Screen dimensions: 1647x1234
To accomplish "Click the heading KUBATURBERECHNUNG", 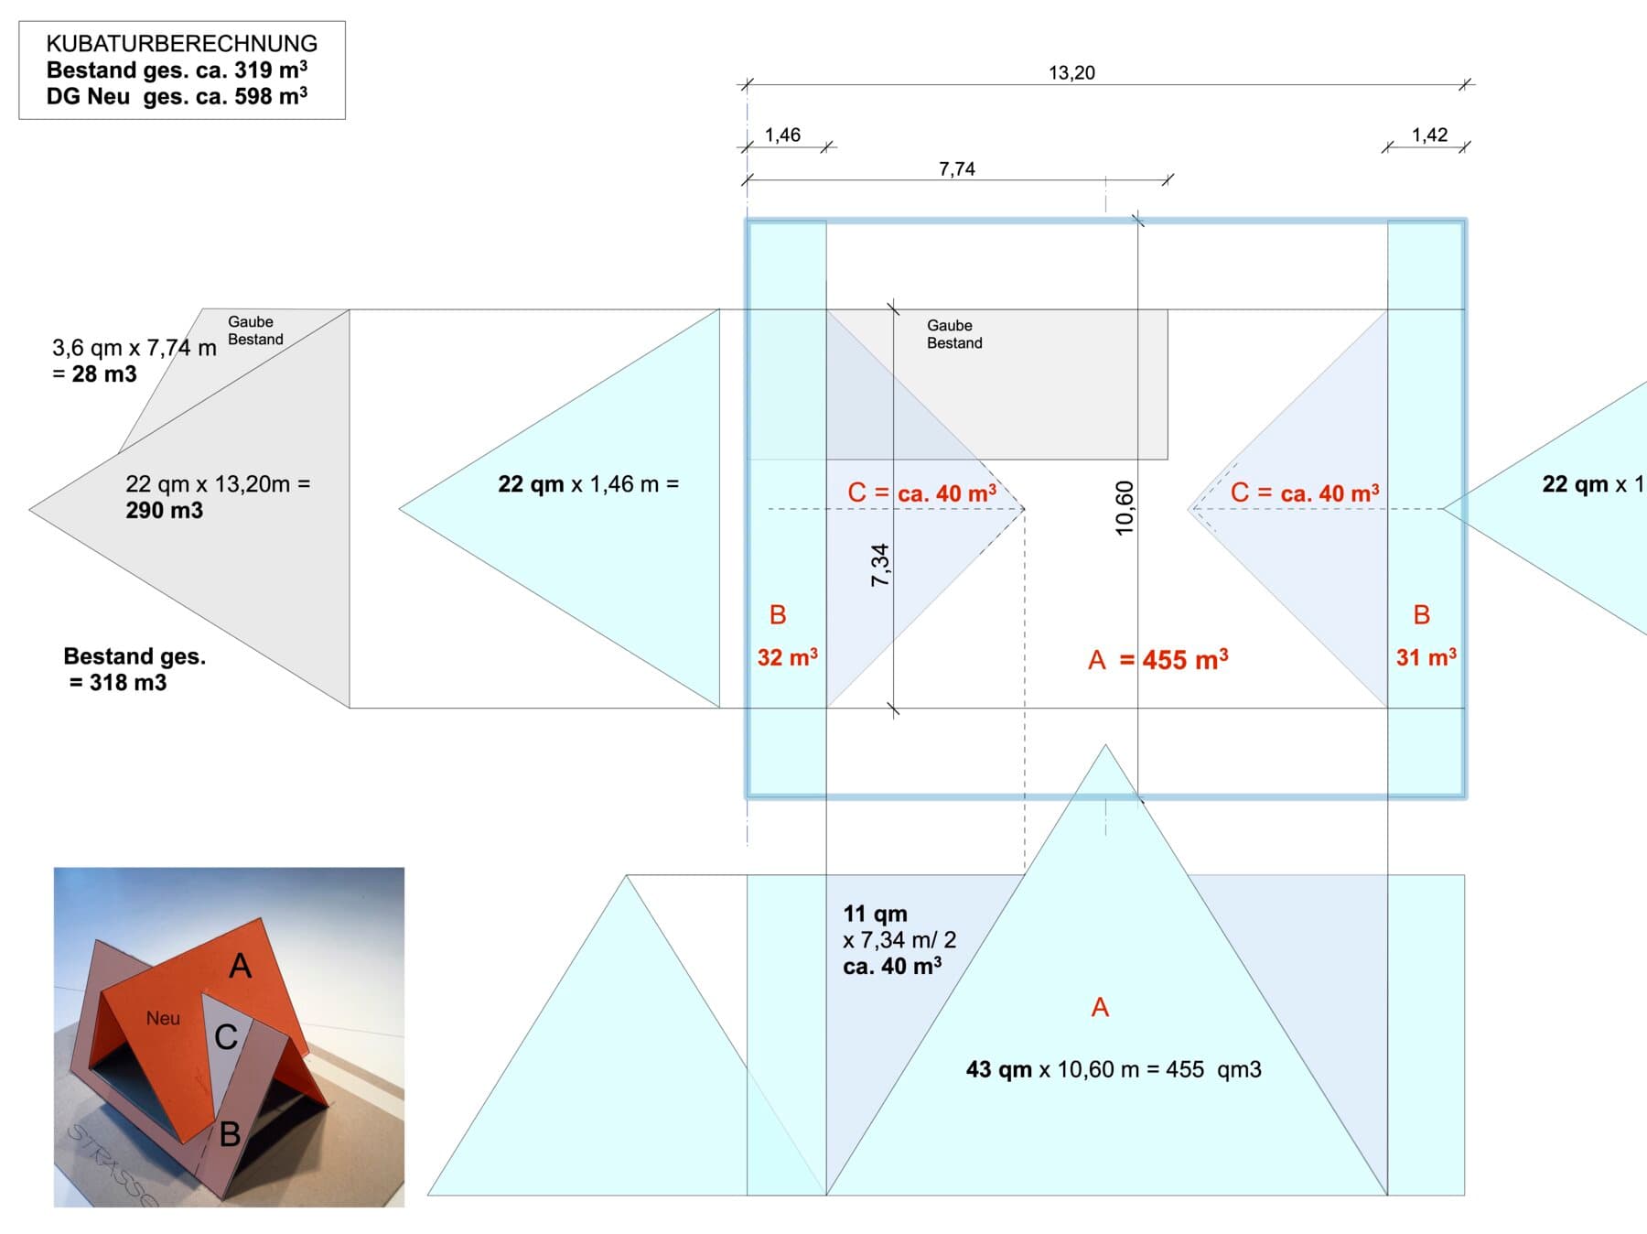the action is tap(182, 43).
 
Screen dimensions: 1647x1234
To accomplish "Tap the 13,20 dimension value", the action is tap(1071, 72).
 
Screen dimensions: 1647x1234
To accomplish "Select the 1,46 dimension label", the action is tap(782, 135).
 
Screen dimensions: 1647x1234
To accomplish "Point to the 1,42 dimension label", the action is tap(1429, 135).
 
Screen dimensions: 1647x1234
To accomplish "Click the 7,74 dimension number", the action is tap(957, 169).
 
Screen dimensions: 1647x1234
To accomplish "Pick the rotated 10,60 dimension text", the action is tap(1125, 508).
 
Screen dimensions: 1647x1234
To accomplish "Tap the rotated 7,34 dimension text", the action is tap(880, 565).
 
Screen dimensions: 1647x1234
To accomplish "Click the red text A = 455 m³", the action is tap(1158, 659).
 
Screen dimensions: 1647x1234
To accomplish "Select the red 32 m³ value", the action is tap(788, 656).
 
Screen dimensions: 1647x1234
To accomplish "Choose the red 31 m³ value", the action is tap(1426, 656).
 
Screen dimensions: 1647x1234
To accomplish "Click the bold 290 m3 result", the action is tap(165, 510).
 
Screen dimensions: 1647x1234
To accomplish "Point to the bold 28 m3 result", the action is tap(104, 373).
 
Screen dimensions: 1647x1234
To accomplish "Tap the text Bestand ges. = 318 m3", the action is tap(135, 669).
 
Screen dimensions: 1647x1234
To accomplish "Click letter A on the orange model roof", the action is tap(241, 966).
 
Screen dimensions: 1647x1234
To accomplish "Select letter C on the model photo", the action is tap(226, 1036).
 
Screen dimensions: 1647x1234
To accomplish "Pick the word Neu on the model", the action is tap(163, 1018).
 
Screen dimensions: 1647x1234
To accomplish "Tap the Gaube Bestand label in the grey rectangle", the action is tap(954, 334).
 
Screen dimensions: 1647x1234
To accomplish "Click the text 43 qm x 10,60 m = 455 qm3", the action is tap(1114, 1069).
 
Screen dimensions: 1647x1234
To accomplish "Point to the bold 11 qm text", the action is tap(876, 914).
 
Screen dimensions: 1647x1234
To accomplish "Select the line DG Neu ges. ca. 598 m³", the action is tap(177, 95).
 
